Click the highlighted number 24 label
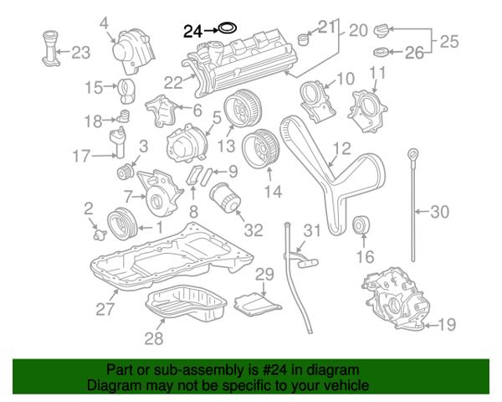(x=192, y=31)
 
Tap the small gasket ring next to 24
(x=226, y=30)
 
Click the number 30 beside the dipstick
(x=440, y=212)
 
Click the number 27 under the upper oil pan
(x=105, y=309)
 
